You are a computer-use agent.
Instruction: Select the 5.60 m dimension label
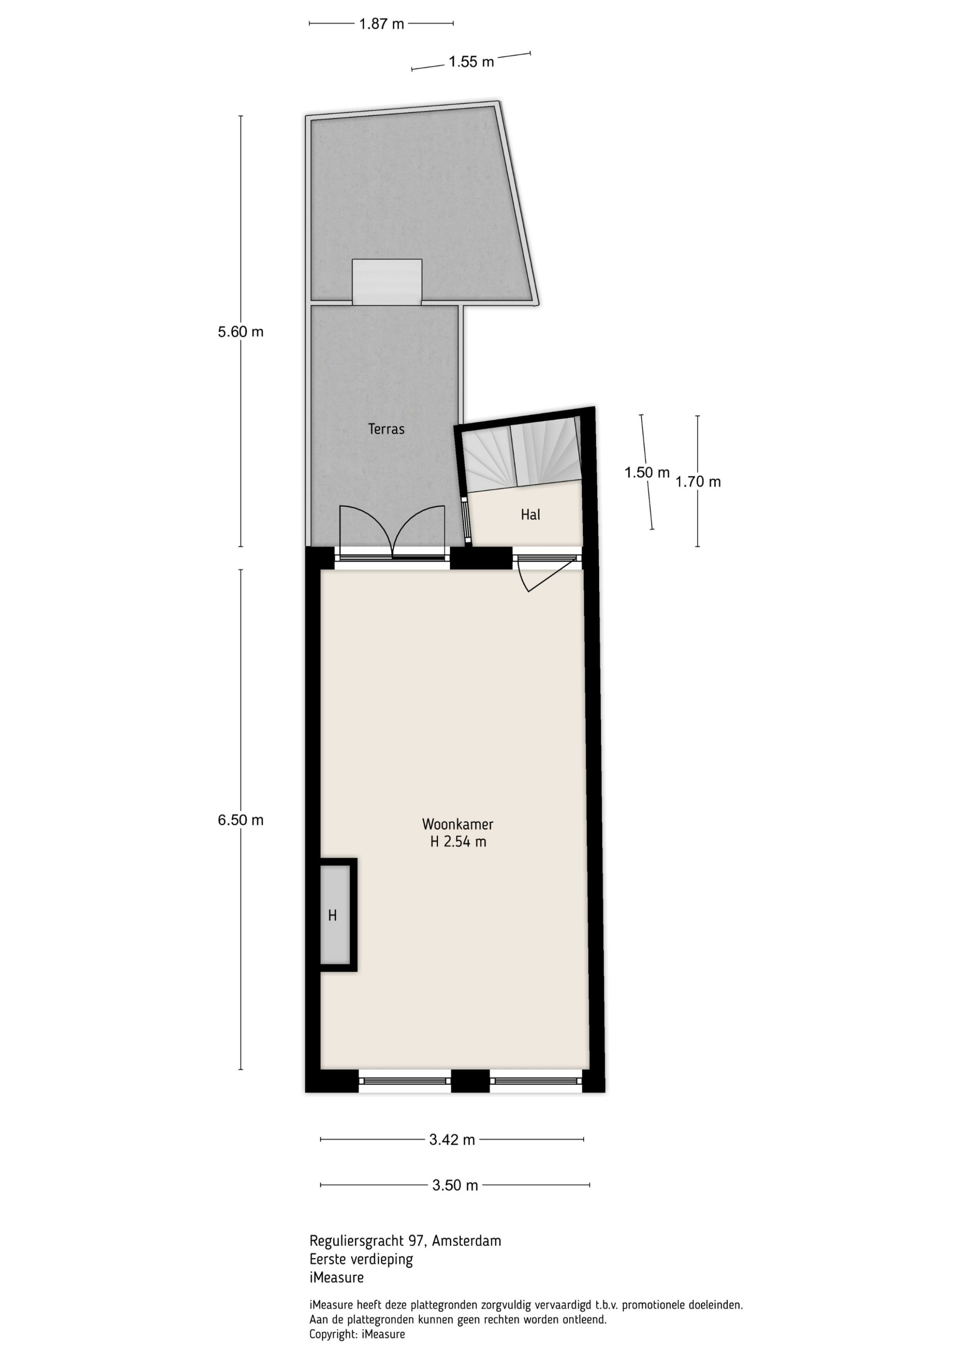tap(240, 332)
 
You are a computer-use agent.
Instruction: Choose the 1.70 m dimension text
tap(698, 482)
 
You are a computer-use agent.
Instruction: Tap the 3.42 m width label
tap(452, 1139)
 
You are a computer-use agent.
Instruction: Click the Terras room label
tap(386, 429)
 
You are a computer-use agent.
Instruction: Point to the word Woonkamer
tap(458, 824)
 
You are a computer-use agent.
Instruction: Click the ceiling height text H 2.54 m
tap(458, 841)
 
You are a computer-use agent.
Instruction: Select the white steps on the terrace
tap(387, 282)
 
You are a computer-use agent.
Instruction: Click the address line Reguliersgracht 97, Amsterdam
tap(405, 1241)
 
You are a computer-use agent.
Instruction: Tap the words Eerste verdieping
tap(361, 1259)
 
